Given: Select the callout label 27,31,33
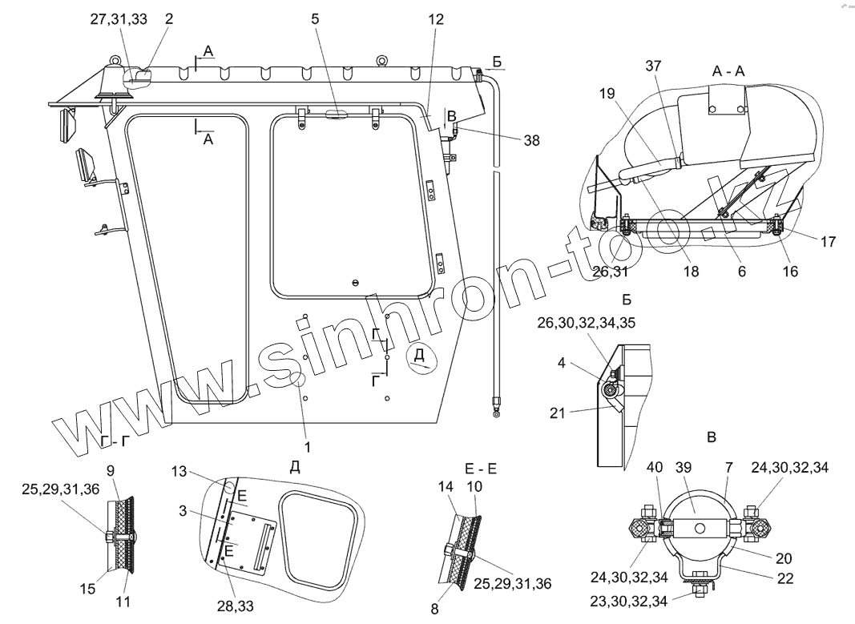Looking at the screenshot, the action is click(x=118, y=21).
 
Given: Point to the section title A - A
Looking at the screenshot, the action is click(x=728, y=71).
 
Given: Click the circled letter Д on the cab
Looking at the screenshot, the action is click(x=421, y=357).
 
